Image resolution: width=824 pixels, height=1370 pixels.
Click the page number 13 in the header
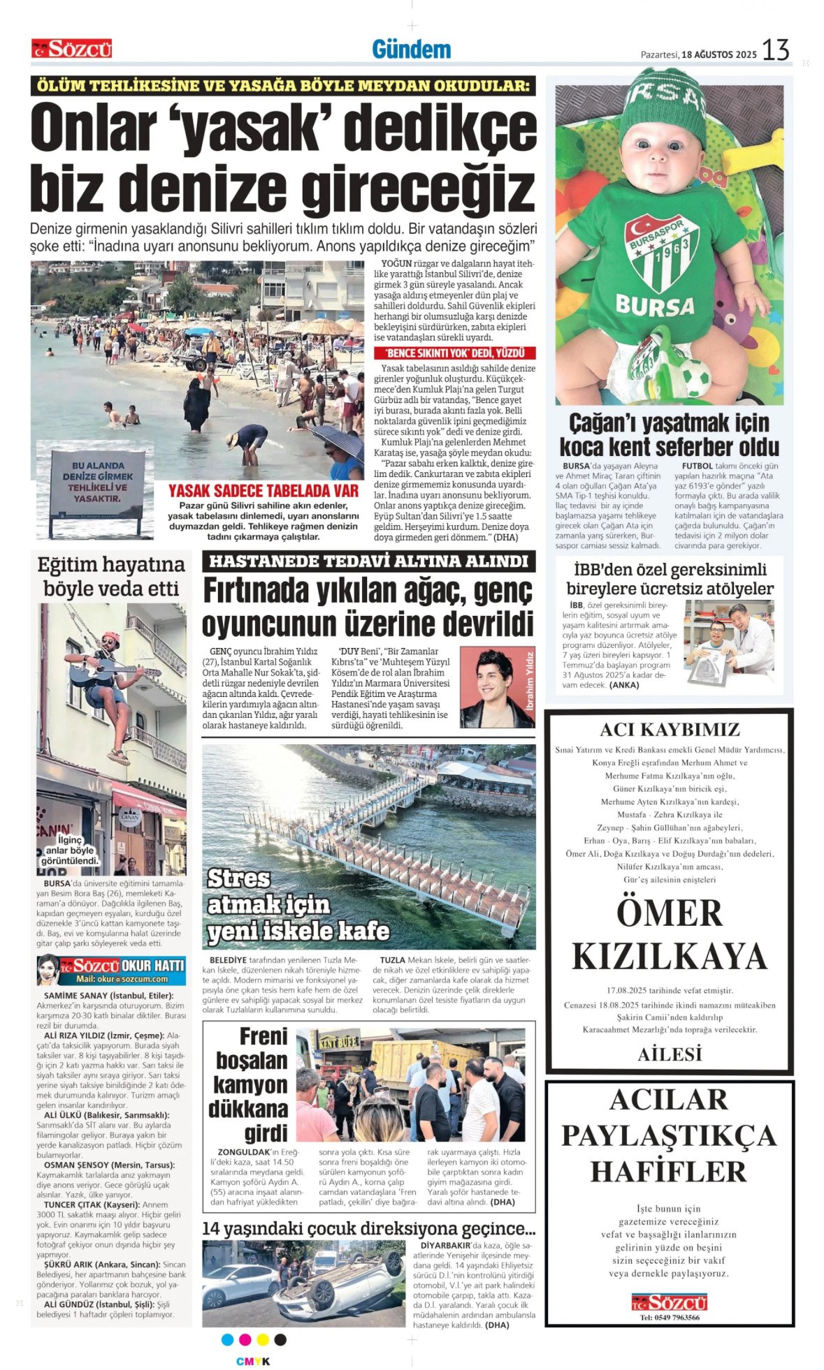pos(775,50)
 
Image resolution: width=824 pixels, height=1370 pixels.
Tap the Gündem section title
pos(411,50)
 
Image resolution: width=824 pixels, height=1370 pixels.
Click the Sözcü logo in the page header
pos(71,49)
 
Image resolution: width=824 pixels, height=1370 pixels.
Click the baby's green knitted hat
pos(664,105)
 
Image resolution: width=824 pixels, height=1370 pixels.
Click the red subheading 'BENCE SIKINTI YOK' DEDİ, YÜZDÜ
pos(455,353)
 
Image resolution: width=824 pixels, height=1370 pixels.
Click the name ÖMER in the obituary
pos(669,913)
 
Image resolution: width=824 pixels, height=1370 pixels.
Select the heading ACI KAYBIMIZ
pos(669,730)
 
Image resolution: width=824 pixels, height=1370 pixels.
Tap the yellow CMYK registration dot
pos(263,1339)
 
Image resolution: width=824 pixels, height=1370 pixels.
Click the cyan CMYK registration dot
pos(227,1339)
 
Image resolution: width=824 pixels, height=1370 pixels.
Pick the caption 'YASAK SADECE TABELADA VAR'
pos(263,491)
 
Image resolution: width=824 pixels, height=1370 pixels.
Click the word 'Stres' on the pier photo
pos(238,878)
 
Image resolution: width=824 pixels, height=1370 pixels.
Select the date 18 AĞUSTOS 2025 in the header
pos(719,54)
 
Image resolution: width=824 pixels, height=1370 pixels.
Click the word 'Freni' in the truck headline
pos(263,1036)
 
